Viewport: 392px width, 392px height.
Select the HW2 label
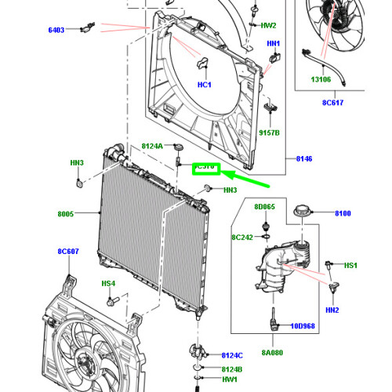(x=268, y=25)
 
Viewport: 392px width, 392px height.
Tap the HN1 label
(x=273, y=44)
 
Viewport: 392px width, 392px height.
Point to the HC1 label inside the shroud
(x=205, y=84)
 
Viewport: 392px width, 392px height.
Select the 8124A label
(x=152, y=147)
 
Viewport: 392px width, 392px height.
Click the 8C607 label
(x=69, y=252)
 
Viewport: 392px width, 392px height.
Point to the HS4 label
(x=107, y=283)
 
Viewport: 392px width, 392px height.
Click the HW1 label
(x=228, y=379)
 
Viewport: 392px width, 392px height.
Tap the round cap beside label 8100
(x=302, y=212)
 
